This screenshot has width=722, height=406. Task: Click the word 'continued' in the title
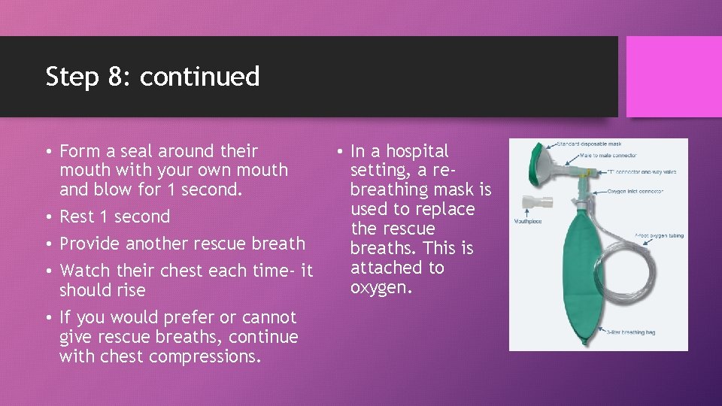pos(199,76)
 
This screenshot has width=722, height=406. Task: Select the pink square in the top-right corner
pos(674,76)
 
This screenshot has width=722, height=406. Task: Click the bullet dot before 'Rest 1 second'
pos(48,217)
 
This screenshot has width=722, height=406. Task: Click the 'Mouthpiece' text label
pos(527,222)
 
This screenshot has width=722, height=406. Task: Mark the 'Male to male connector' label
pos(608,156)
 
